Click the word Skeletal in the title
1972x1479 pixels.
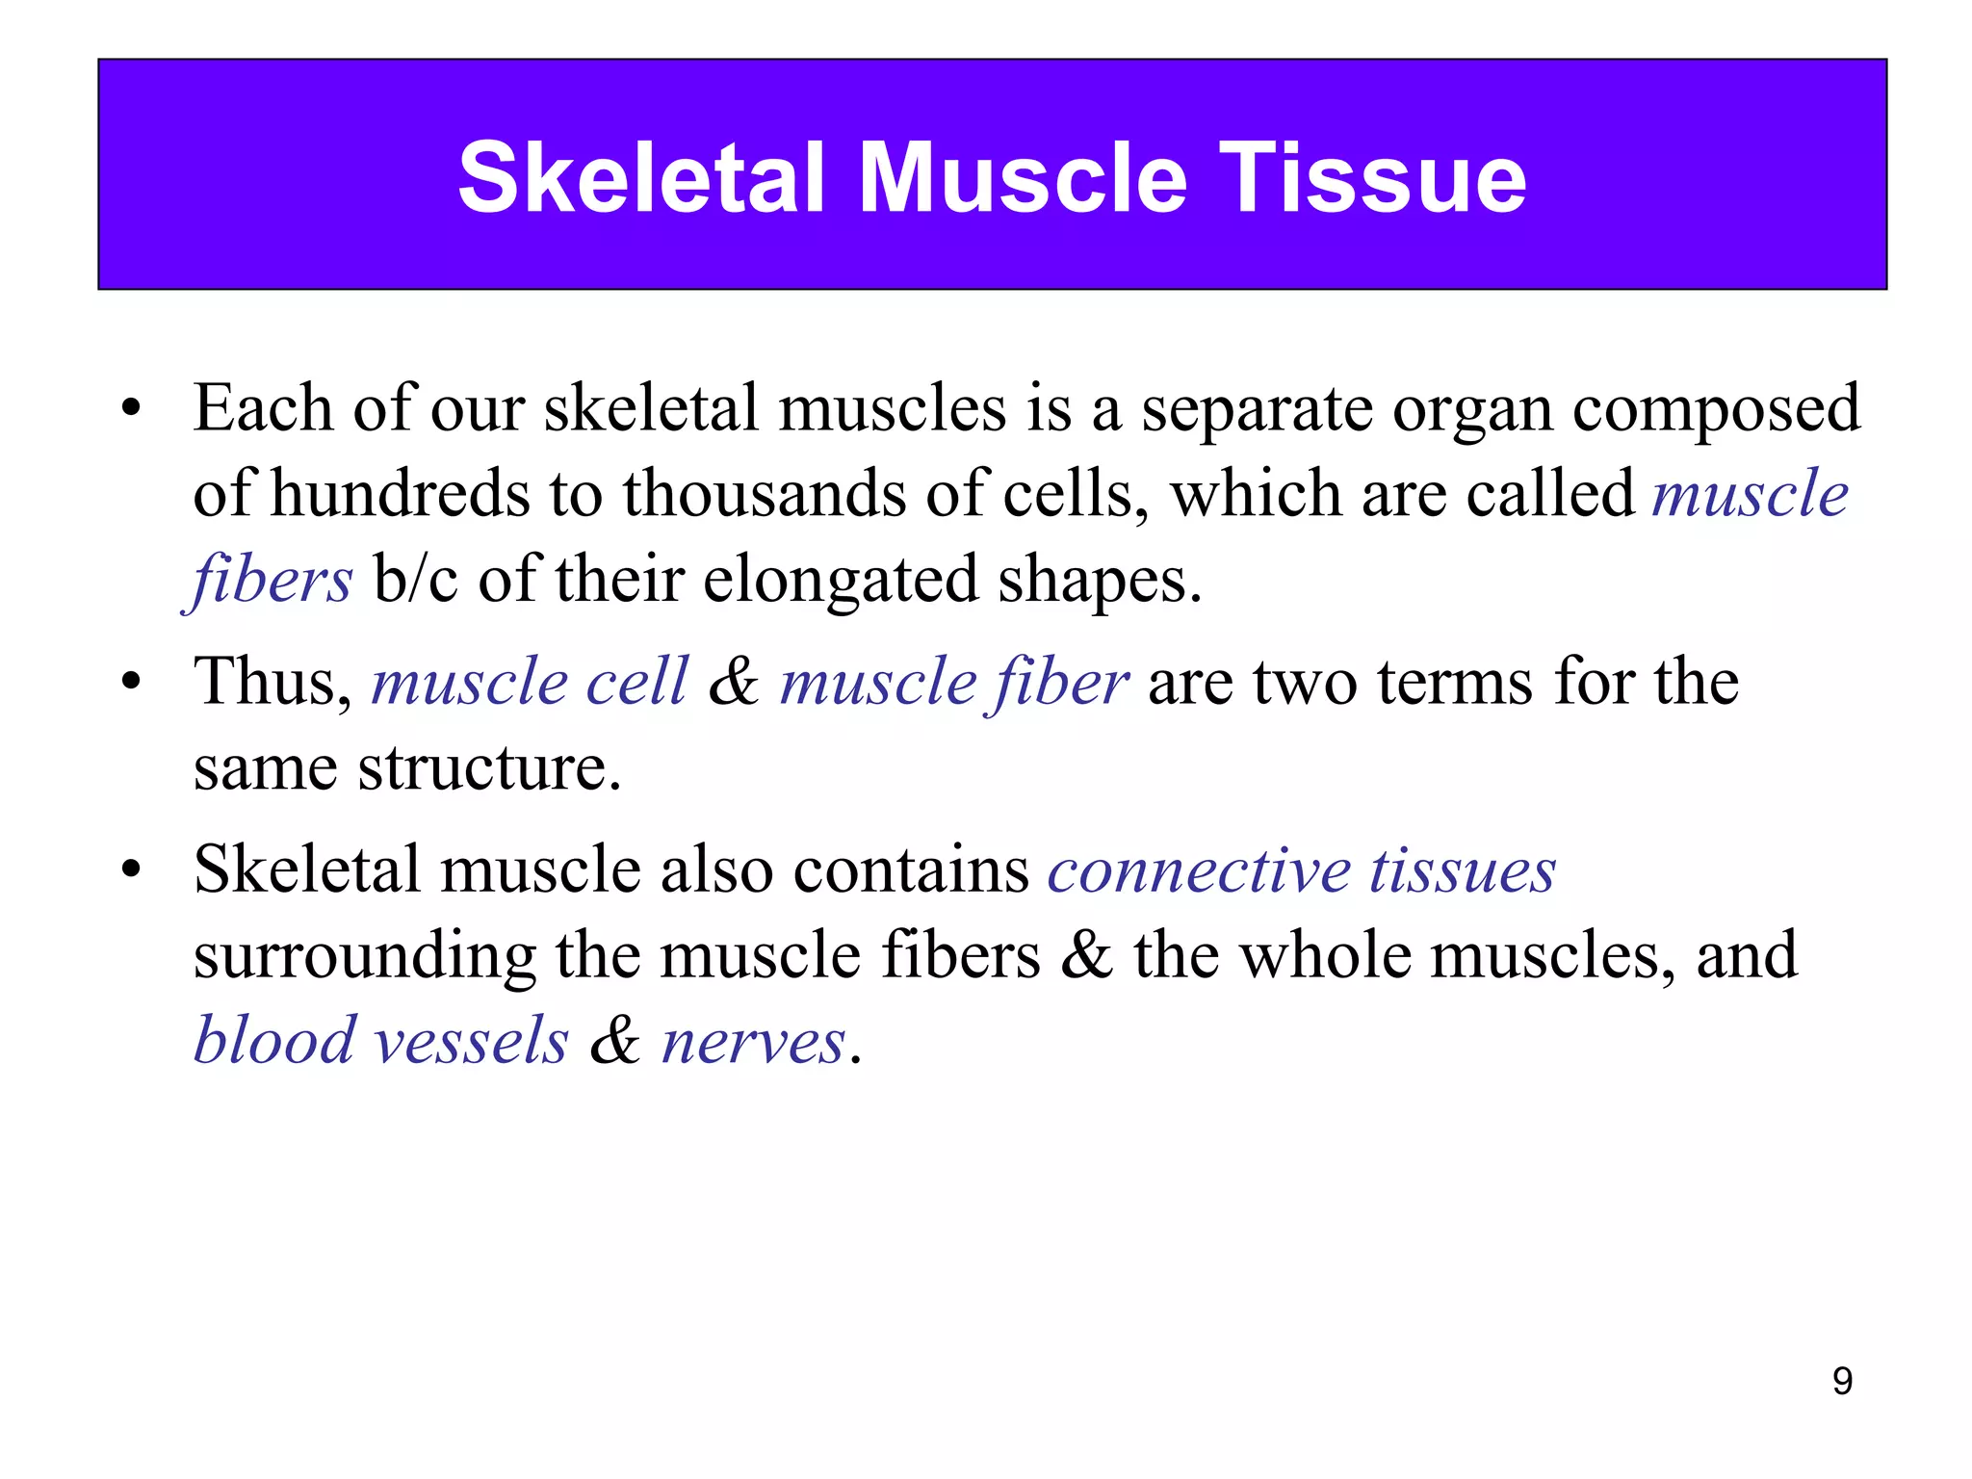pyautogui.click(x=641, y=178)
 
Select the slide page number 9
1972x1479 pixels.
pyautogui.click(x=1842, y=1381)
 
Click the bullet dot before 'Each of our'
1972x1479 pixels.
pyautogui.click(x=132, y=410)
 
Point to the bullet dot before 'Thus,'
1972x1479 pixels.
pyautogui.click(x=132, y=684)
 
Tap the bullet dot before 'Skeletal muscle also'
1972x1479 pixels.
pyautogui.click(x=132, y=871)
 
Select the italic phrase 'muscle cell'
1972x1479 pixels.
pyautogui.click(x=530, y=682)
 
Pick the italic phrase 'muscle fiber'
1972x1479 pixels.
pyautogui.click(x=953, y=682)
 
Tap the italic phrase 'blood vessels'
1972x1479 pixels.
pyautogui.click(x=381, y=1042)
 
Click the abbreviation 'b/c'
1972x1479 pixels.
pyautogui.click(x=415, y=581)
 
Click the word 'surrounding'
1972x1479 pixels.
pyautogui.click(x=364, y=958)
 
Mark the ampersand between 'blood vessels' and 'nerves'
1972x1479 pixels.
pyautogui.click(x=614, y=1042)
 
